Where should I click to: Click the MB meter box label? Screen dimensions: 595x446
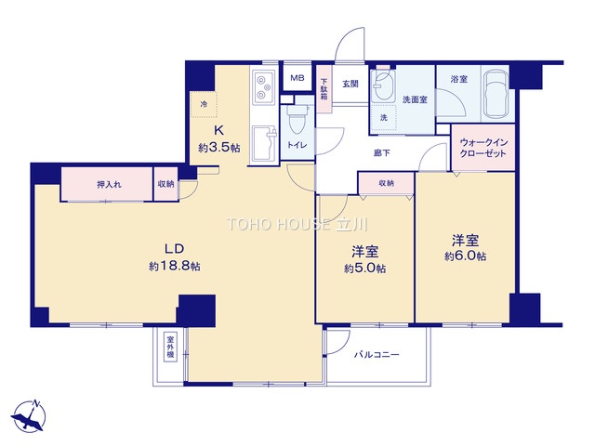297,78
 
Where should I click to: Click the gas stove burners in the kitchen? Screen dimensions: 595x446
262,87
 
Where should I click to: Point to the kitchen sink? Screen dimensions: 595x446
264,144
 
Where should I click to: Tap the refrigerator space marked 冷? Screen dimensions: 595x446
204,104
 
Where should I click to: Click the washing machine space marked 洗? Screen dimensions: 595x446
384,118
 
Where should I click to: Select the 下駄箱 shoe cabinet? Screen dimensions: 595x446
324,89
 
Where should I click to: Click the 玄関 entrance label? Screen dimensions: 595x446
350,84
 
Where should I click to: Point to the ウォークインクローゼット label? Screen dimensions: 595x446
483,148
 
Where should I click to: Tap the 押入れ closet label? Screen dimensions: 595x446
110,185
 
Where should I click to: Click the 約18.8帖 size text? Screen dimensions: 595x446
175,266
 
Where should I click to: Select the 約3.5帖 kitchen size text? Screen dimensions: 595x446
219,147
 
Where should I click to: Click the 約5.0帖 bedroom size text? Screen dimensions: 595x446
365,269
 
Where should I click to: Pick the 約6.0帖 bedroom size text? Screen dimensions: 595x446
465,256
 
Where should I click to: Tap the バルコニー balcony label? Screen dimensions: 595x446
377,355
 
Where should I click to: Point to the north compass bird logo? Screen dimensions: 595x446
29,416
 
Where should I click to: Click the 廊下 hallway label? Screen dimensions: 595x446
382,152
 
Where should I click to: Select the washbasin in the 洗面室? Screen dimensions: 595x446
383,85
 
